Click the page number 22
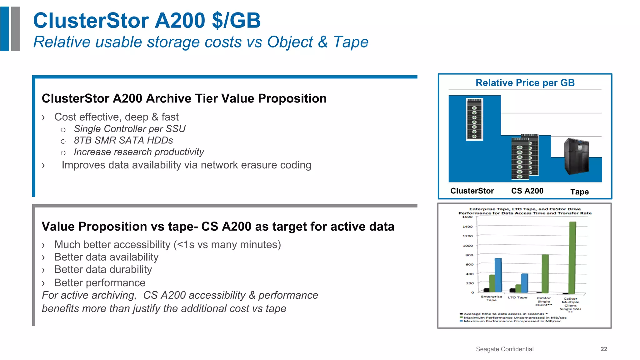pos(604,349)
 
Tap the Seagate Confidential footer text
pos(504,349)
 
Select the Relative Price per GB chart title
pos(525,83)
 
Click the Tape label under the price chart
pos(579,192)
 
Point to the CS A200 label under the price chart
pos(527,191)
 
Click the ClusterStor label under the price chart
pos(472,191)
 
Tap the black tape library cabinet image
pos(577,156)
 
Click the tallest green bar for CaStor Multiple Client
pos(572,258)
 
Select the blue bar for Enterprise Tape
pos(498,275)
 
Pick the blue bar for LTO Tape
pos(525,283)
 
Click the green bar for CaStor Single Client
pos(545,273)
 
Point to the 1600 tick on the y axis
pos(467,217)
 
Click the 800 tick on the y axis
pos(469,255)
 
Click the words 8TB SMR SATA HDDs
pos(123,140)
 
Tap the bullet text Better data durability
pos(103,269)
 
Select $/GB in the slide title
pos(236,21)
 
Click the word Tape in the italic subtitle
pos(351,42)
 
